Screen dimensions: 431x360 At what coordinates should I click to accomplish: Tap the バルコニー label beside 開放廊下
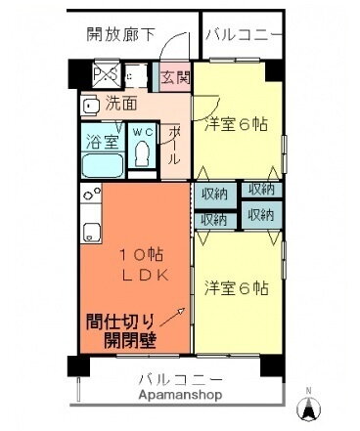(x=245, y=35)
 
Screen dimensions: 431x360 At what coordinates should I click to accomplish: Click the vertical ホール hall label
(x=173, y=144)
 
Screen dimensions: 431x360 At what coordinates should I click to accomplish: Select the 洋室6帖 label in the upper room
(x=236, y=124)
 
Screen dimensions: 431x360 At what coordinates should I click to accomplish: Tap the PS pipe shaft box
(x=103, y=74)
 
